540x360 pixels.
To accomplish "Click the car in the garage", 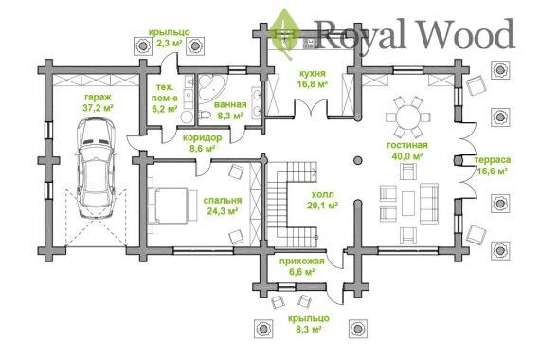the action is coord(96,168).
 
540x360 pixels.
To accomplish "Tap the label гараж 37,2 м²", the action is coord(98,102).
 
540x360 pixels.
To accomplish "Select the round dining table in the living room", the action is coord(408,117).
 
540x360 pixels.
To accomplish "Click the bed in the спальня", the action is coord(171,206).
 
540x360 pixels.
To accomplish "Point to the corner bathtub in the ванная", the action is coord(209,87).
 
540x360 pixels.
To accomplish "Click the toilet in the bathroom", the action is coord(205,115).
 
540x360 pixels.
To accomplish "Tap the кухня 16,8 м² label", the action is coord(312,79).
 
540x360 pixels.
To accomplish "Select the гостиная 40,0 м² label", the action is coord(407,151).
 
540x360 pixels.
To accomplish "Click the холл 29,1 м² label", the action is coord(322,200).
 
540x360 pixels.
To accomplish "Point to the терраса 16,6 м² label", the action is coord(492,166).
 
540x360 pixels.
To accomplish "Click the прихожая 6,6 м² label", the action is coord(301,266).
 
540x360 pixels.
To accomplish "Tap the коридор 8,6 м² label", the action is coord(202,143).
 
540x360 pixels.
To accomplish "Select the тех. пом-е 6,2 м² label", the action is coord(164,99).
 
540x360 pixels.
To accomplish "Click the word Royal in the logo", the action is coord(361,34).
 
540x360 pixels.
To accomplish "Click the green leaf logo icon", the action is coord(285,34).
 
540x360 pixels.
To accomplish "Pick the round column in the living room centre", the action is coord(358,160).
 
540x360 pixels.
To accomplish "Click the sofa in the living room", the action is coord(429,204).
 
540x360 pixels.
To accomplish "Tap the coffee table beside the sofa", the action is coord(408,204).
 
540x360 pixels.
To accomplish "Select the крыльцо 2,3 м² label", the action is coord(169,38).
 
